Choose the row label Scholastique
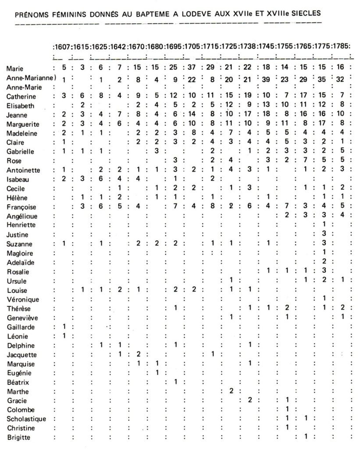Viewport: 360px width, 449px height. point(27,418)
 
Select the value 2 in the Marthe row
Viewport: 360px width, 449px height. point(231,390)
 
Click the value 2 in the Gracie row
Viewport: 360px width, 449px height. point(249,399)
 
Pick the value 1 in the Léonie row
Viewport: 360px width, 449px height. point(64,335)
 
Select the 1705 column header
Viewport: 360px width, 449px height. point(192,46)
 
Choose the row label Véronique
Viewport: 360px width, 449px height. point(23,299)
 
